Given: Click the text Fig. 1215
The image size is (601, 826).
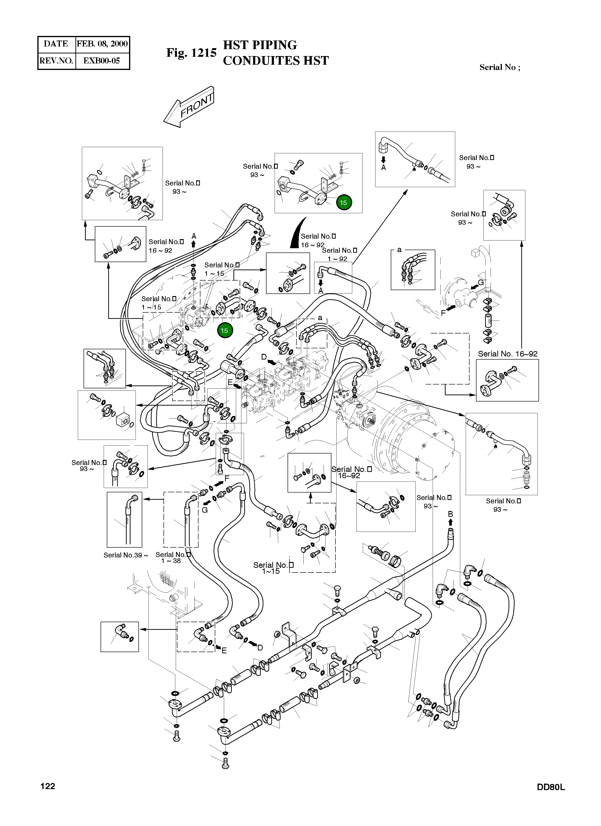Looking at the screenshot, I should [x=192, y=53].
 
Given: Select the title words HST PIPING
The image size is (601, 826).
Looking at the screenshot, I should [x=260, y=45].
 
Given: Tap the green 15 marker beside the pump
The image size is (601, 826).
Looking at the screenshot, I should [x=224, y=330].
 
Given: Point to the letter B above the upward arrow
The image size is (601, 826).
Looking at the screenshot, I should [x=450, y=514].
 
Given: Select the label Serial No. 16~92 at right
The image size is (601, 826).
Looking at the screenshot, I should [x=507, y=354].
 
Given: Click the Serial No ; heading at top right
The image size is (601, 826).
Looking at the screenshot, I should [x=499, y=67].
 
